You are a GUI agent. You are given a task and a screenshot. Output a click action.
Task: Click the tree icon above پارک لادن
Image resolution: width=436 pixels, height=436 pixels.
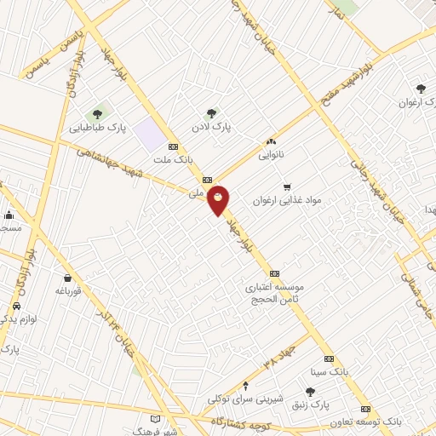(211, 112)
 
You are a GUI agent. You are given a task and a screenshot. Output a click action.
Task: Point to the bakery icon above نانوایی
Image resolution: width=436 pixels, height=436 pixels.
(271, 142)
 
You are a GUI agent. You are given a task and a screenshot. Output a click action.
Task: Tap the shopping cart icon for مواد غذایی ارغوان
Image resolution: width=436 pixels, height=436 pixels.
(286, 186)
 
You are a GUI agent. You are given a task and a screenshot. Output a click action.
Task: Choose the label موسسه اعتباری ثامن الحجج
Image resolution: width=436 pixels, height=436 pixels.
(275, 293)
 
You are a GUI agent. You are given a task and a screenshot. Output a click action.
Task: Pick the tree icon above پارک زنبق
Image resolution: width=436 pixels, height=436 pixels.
(310, 391)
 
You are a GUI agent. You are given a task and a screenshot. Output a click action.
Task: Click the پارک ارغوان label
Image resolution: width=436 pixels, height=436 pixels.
(417, 102)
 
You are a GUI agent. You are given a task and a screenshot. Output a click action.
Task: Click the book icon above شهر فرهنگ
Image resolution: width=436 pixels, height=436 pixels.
(154, 418)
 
